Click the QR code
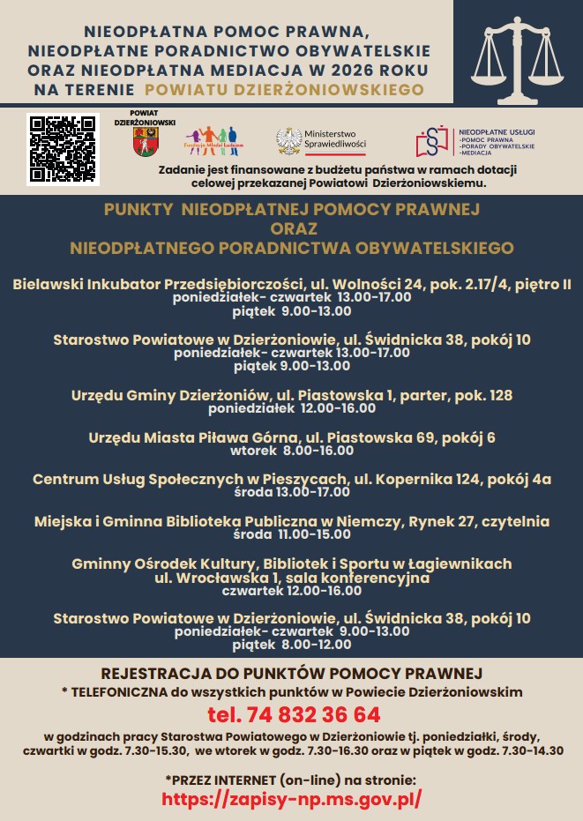coord(62,148)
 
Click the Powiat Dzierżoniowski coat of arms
coord(146,143)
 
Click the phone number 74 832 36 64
coord(294,713)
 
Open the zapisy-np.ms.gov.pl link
coord(292,798)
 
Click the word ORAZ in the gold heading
coord(291,228)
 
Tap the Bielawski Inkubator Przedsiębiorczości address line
coord(292,284)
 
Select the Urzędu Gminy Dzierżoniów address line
coord(292,395)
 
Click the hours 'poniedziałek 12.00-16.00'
coord(292,408)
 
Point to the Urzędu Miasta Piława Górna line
coord(292,437)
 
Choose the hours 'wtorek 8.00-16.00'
coord(292,450)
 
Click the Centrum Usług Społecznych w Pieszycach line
coord(292,480)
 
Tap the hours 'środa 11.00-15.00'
coord(292,534)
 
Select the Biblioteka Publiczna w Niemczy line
coord(292,522)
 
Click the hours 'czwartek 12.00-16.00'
coord(292,591)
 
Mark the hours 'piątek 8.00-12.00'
coord(292,645)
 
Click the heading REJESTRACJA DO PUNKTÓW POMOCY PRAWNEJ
coord(292,674)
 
